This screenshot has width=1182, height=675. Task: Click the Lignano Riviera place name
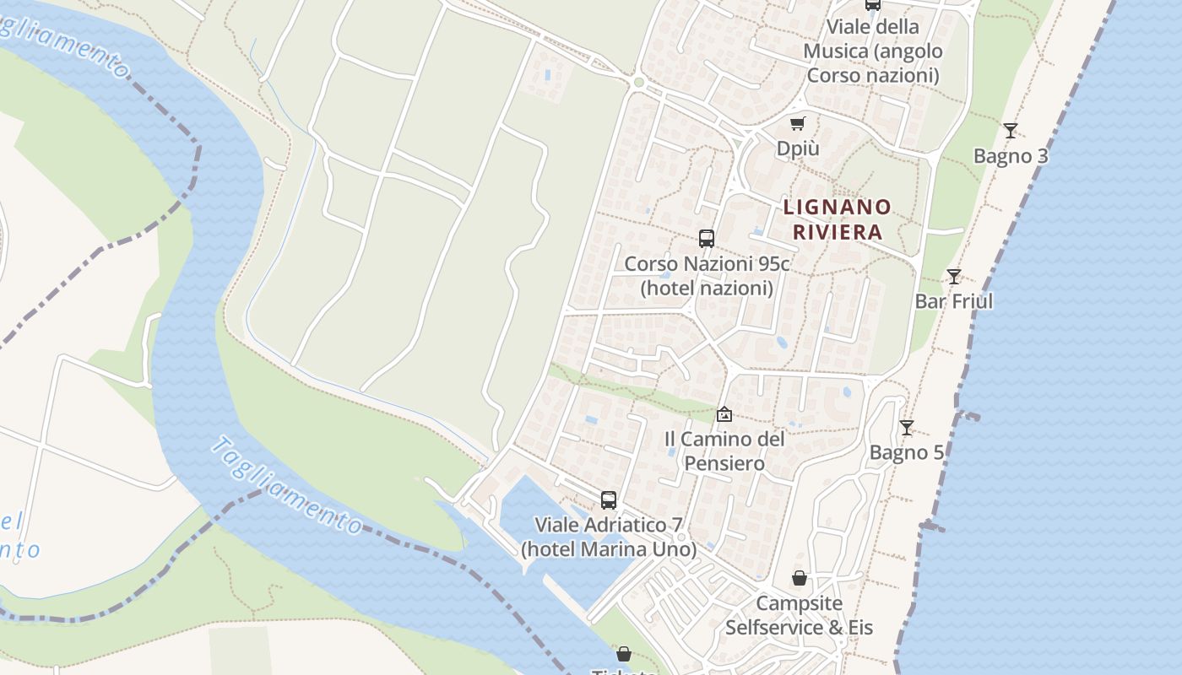(x=838, y=219)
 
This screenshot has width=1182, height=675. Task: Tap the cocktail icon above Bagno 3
(x=1011, y=130)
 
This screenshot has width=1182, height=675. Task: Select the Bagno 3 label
(x=1011, y=156)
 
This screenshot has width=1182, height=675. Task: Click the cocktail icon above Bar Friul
(x=954, y=276)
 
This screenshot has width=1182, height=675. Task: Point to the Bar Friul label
(x=954, y=301)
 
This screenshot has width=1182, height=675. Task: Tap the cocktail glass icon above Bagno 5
(x=907, y=428)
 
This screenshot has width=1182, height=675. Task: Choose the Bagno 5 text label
(x=907, y=453)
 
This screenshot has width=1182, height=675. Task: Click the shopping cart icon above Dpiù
(x=798, y=123)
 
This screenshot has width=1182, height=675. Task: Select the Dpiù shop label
(x=798, y=148)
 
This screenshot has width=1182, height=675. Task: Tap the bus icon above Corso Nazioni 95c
(x=707, y=239)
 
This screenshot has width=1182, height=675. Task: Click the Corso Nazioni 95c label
(x=707, y=276)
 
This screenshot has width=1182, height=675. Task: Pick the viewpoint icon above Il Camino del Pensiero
(x=724, y=413)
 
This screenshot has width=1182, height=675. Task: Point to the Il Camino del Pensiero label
(x=724, y=451)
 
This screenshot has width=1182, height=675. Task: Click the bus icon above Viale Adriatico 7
(x=609, y=499)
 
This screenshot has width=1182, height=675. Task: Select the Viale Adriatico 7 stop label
(x=609, y=537)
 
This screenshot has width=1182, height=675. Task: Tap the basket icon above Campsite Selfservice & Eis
(x=799, y=578)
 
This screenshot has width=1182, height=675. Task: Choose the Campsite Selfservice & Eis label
(x=799, y=616)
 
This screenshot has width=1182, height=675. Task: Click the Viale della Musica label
(x=873, y=51)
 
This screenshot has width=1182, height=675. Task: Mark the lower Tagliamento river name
(x=287, y=485)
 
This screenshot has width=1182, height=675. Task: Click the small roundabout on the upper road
(x=638, y=82)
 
